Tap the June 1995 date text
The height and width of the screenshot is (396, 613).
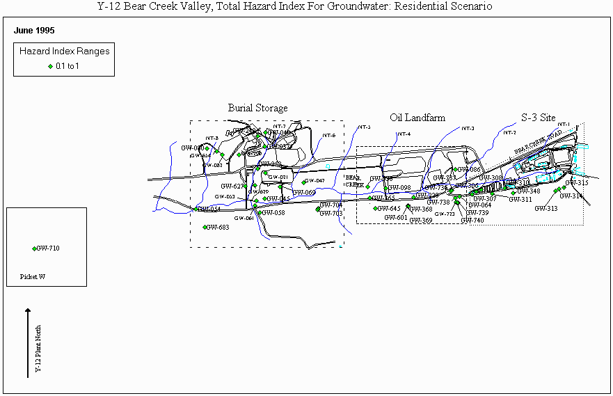pos(34,31)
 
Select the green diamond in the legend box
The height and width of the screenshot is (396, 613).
pos(50,66)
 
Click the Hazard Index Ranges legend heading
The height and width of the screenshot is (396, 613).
pos(64,52)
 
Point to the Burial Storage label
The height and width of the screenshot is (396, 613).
pos(257,108)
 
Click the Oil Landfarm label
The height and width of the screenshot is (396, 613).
pos(417,118)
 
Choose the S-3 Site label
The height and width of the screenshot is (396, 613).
pos(539,117)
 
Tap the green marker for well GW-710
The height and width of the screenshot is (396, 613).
pos(34,248)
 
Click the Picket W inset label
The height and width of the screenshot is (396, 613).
pos(33,276)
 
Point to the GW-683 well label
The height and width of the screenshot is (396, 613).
pos(218,228)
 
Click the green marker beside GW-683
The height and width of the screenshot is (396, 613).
pos(205,228)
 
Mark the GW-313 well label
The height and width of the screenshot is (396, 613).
pos(546,209)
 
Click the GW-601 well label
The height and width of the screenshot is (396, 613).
pos(396,217)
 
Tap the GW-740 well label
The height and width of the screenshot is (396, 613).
pos(472,221)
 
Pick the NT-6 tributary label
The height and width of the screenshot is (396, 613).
pos(329,136)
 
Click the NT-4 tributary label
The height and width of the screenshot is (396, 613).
pos(404,134)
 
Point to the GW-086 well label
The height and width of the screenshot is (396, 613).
pos(470,170)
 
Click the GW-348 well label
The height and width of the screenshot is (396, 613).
pos(529,191)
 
